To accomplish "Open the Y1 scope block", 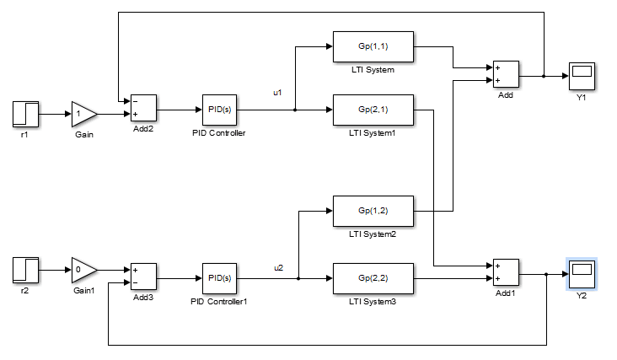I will pyautogui.click(x=582, y=76).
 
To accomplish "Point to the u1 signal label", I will pyautogui.click(x=278, y=92).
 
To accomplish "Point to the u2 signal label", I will pyautogui.click(x=278, y=267).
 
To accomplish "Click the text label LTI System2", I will pyautogui.click(x=373, y=233).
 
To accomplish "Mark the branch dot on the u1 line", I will pyautogui.click(x=294, y=110).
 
